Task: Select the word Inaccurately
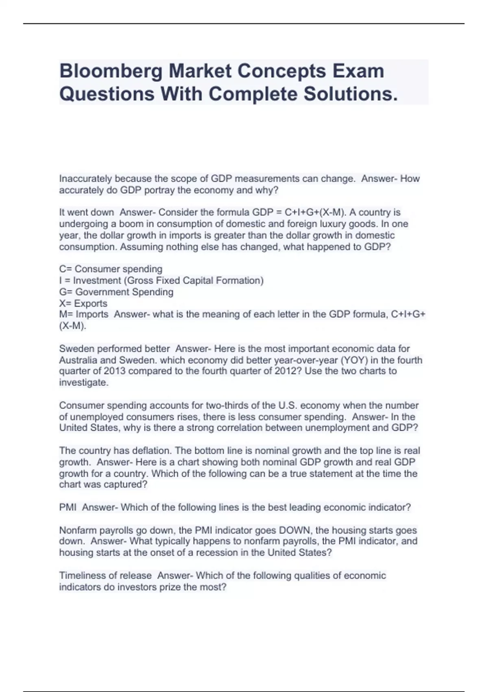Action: click(x=85, y=179)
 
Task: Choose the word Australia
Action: click(x=78, y=360)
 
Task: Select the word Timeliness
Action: click(x=85, y=576)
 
